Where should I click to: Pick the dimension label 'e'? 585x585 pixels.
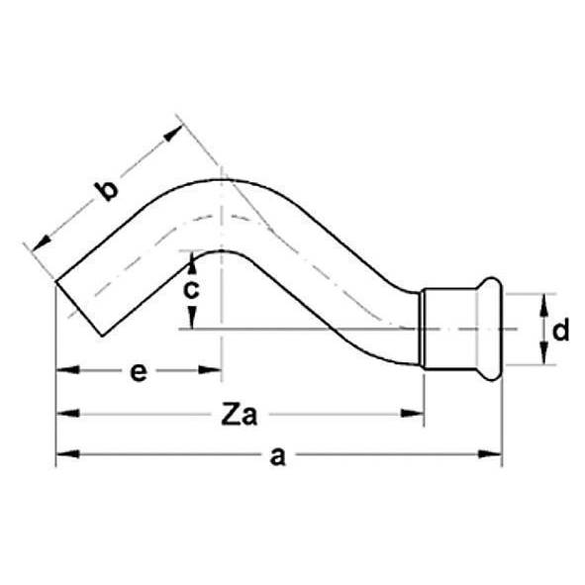139,372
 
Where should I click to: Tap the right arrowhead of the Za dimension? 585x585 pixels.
415,414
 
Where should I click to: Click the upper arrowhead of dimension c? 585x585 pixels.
190,259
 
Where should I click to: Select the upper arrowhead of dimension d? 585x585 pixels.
543,302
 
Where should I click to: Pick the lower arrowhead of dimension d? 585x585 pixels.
543,357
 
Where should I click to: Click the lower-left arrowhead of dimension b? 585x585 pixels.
41,242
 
